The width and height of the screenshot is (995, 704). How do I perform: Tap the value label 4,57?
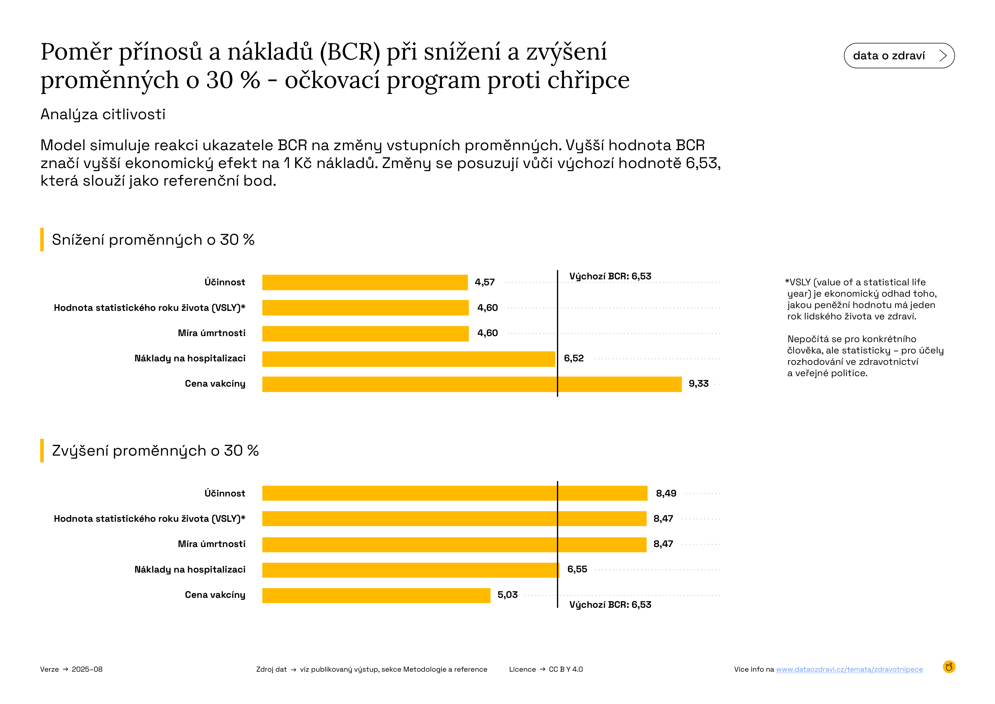pyautogui.click(x=485, y=282)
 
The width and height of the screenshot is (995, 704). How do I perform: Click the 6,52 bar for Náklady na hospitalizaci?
pyautogui.click(x=408, y=359)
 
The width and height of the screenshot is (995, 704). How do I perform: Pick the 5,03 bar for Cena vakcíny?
pyautogui.click(x=376, y=595)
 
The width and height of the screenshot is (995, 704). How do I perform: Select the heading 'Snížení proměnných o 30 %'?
pyautogui.click(x=153, y=240)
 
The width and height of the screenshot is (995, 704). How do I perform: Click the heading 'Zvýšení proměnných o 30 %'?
pyautogui.click(x=155, y=451)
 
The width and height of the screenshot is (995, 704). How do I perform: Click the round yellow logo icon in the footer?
pyautogui.click(x=949, y=667)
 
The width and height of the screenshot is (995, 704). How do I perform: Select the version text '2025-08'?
pyautogui.click(x=87, y=669)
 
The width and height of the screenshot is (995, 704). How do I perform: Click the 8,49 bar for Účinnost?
pyautogui.click(x=454, y=493)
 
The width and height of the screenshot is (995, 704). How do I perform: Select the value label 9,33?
pyautogui.click(x=698, y=384)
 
